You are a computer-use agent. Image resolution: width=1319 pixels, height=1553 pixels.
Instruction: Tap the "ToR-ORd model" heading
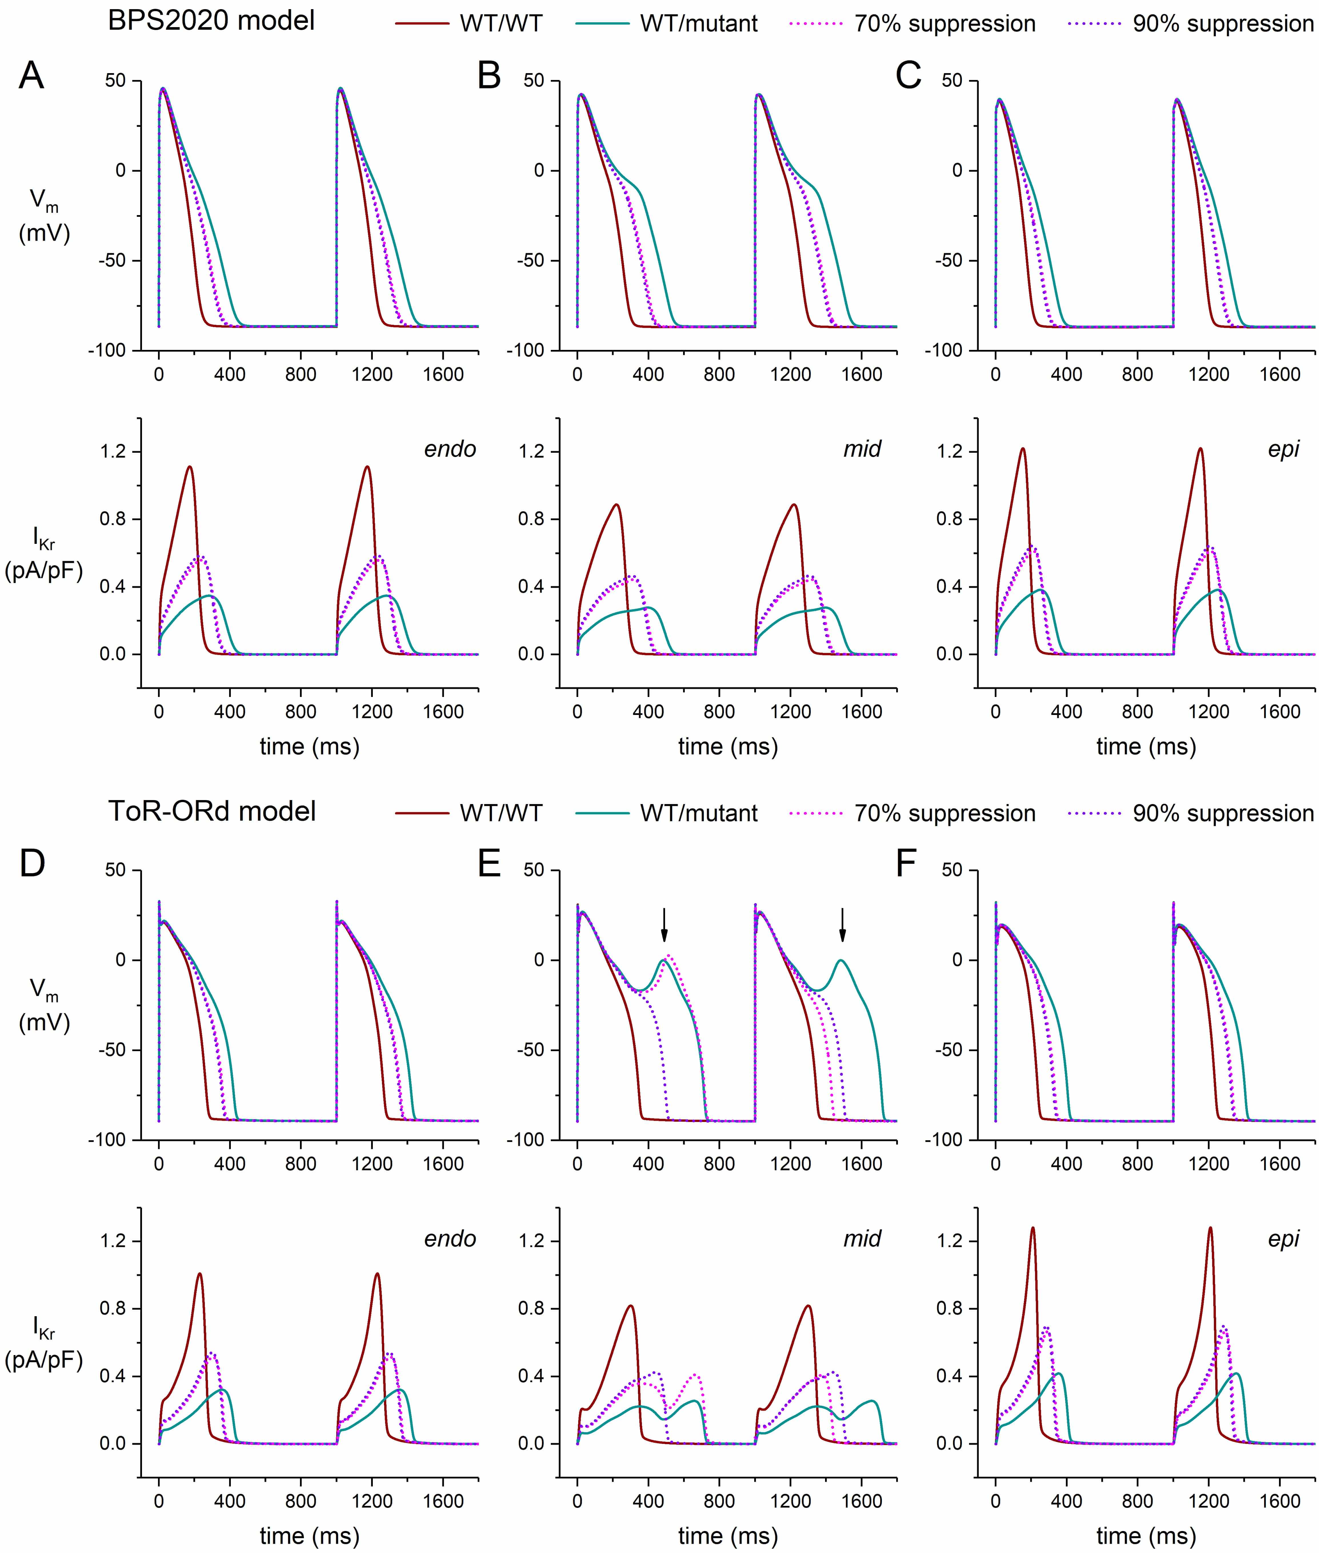point(212,811)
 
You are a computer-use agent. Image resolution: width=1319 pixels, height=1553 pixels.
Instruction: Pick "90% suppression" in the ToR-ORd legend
point(1223,813)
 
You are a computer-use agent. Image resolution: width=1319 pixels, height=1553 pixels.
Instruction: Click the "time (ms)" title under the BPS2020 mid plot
point(728,746)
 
